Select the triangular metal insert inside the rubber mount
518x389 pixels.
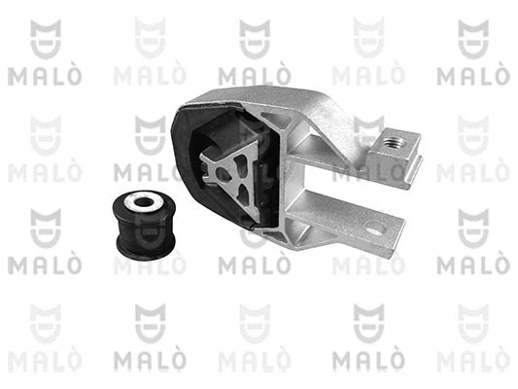[228, 171]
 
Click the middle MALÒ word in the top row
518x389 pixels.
[255, 76]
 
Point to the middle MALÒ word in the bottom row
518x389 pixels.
[255, 361]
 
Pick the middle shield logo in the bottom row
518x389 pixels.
[255, 324]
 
